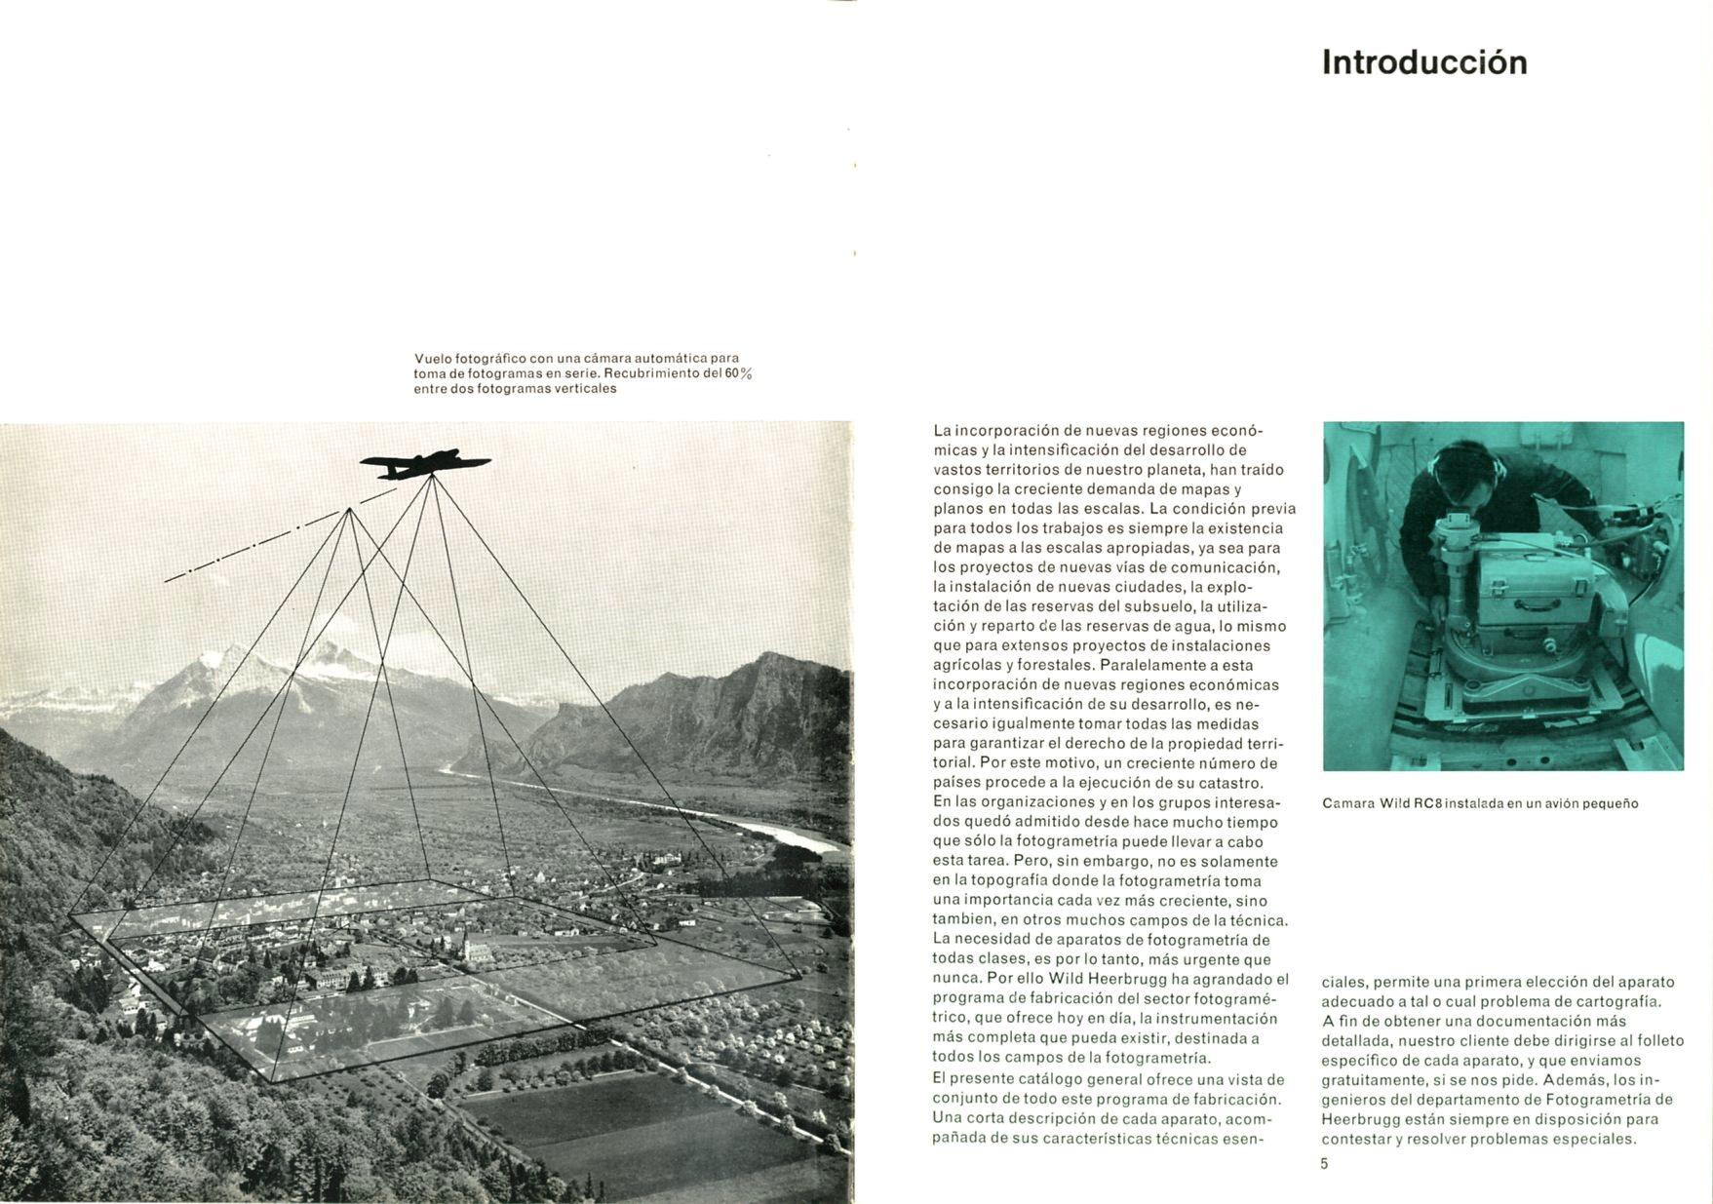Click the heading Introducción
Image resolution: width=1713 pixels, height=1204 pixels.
1424,62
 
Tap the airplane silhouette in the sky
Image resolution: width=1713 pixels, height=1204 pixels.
424,465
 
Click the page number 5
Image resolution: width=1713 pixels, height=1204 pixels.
1324,1163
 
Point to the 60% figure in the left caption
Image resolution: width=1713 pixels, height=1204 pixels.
738,373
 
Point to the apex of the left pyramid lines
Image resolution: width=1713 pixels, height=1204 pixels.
349,509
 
